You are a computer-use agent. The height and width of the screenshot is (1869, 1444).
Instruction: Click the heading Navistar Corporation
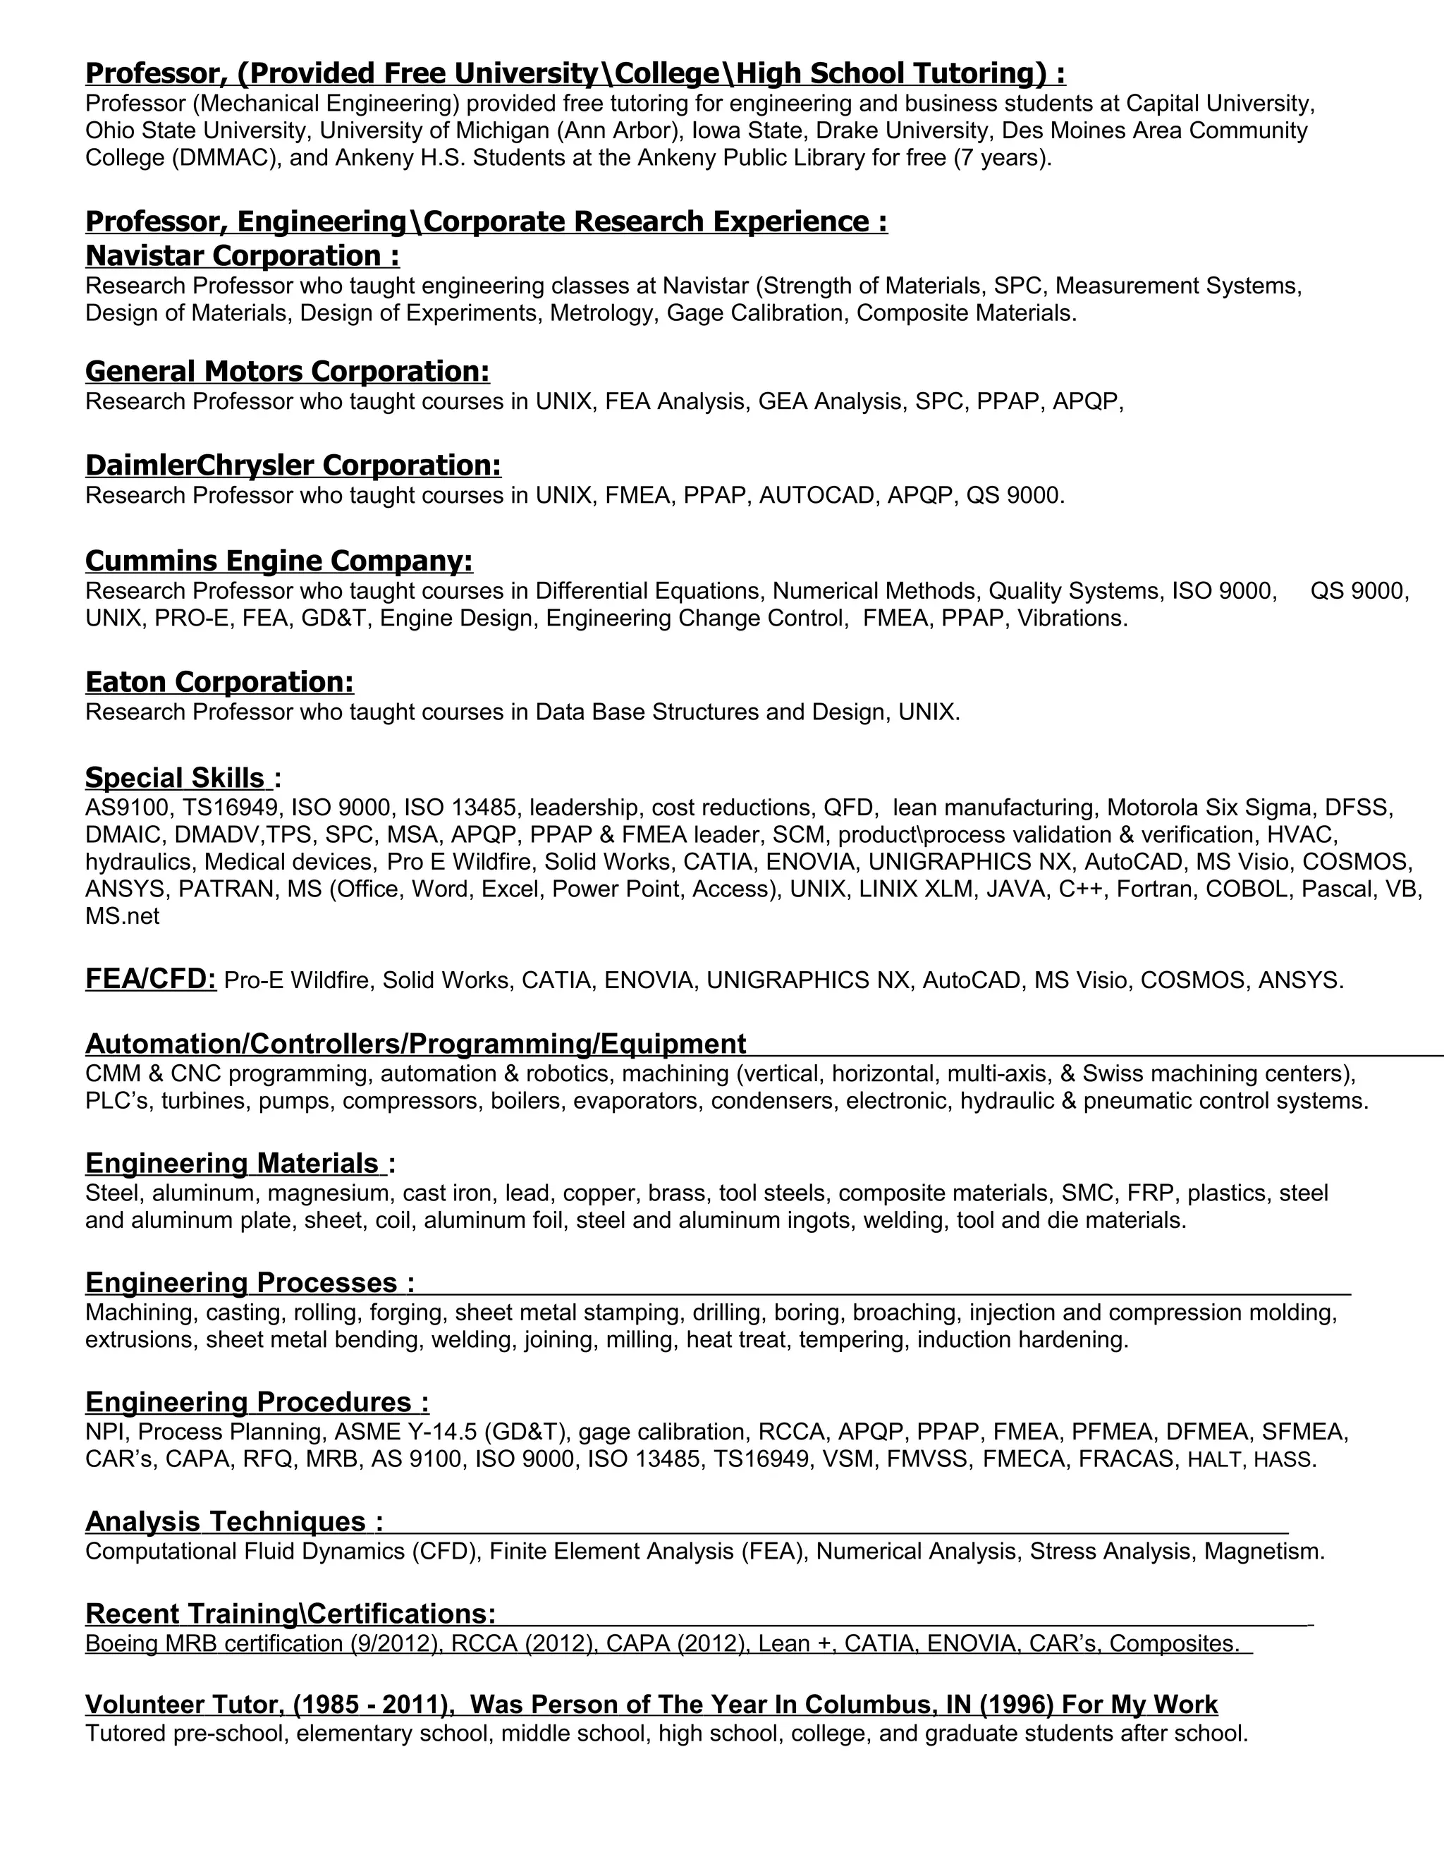(242, 256)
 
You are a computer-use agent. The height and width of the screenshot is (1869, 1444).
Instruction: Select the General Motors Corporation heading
(288, 372)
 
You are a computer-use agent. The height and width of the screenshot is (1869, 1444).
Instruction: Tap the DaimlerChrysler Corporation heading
(293, 465)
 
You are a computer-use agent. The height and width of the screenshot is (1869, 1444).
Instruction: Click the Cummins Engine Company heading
(279, 561)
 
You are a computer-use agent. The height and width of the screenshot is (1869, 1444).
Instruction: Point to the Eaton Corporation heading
(219, 682)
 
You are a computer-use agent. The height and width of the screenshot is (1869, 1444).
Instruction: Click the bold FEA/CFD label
(151, 978)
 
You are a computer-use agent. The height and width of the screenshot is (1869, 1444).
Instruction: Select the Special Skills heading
(177, 778)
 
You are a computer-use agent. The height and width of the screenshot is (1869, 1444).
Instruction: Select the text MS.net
(122, 915)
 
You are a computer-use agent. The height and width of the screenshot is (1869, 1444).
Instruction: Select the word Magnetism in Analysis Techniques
(1263, 1551)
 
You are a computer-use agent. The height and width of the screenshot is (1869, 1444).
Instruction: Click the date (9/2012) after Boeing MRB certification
(397, 1643)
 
